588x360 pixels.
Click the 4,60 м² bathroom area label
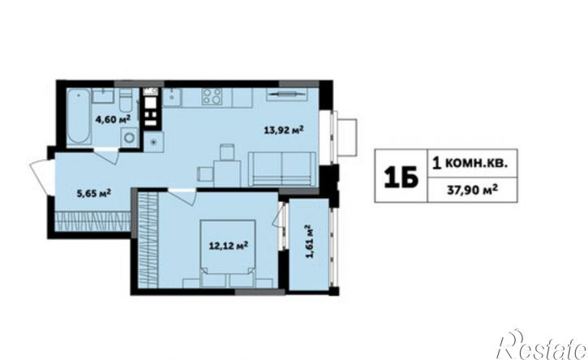tap(113, 119)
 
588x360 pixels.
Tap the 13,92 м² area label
tap(284, 130)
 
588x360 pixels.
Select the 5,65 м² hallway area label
tap(94, 194)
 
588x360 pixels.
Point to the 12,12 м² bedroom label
tap(229, 246)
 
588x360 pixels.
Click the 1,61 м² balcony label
tap(309, 242)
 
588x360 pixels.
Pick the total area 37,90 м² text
tap(473, 190)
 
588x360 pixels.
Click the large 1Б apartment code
tap(401, 177)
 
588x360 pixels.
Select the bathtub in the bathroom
tap(79, 116)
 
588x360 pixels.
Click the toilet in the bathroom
tap(126, 100)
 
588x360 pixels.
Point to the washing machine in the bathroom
tap(130, 136)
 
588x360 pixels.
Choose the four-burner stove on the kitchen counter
tap(212, 96)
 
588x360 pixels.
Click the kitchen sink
tap(172, 96)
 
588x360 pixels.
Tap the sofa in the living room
tap(282, 169)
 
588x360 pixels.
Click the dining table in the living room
tap(227, 174)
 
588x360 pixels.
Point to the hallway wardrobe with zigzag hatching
tap(92, 221)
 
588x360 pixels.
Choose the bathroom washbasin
tap(103, 96)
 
